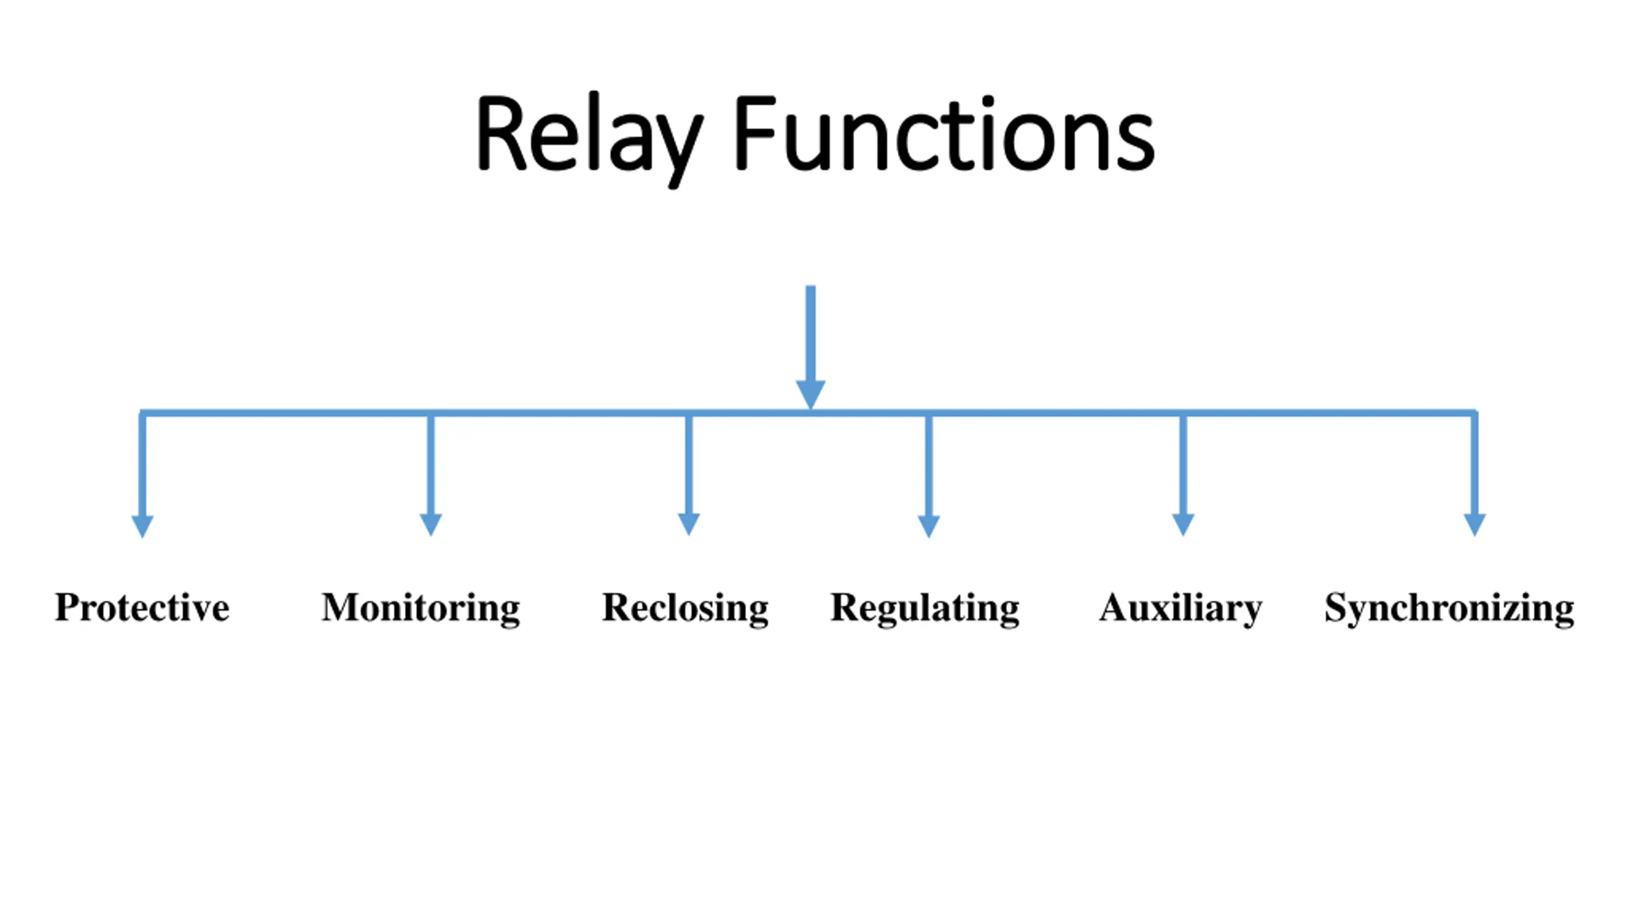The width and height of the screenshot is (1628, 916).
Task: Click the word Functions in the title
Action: pyautogui.click(x=945, y=134)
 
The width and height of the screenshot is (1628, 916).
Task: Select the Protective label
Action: pyautogui.click(x=142, y=607)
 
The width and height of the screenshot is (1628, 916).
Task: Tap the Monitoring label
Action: pyautogui.click(x=421, y=609)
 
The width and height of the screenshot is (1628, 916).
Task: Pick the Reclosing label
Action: pyautogui.click(x=686, y=609)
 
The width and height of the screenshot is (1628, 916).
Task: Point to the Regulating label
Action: pyautogui.click(x=925, y=609)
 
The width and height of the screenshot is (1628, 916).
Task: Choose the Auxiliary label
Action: pyautogui.click(x=1181, y=609)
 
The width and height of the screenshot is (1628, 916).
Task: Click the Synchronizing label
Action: pyautogui.click(x=1449, y=609)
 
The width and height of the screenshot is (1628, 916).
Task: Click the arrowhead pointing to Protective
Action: pyautogui.click(x=142, y=526)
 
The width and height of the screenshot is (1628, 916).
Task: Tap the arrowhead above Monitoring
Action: pyautogui.click(x=431, y=525)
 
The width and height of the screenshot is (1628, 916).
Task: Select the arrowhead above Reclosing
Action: pyautogui.click(x=689, y=525)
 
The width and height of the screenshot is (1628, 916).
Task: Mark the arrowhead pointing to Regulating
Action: pyautogui.click(x=929, y=526)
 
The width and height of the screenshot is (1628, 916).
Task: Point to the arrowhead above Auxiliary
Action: pyautogui.click(x=1183, y=525)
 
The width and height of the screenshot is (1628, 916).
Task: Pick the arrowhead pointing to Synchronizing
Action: pyautogui.click(x=1475, y=525)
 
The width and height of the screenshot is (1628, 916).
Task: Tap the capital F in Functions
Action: pyautogui.click(x=755, y=134)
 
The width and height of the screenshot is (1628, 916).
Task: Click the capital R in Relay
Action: pyautogui.click(x=501, y=134)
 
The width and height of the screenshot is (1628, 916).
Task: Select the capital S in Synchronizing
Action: pyautogui.click(x=1335, y=607)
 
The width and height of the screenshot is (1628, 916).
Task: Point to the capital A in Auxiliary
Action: pyautogui.click(x=1112, y=607)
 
